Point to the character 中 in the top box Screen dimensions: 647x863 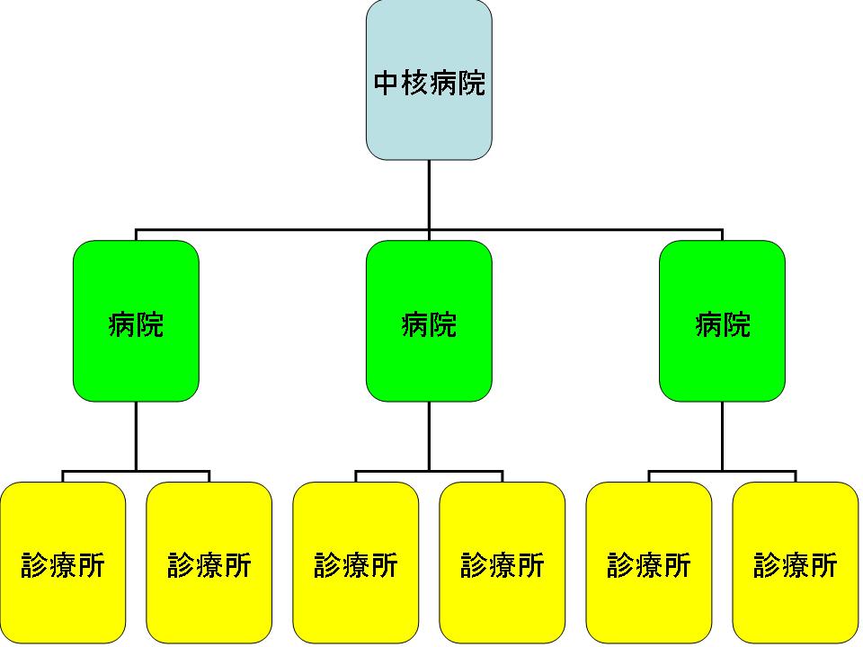387,84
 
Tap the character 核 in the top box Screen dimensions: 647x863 415,84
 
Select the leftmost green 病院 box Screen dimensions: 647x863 136,359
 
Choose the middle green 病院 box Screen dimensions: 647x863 429,359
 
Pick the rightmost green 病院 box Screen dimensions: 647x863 722,359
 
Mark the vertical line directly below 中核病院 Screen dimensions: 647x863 429,193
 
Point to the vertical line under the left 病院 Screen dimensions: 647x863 136,436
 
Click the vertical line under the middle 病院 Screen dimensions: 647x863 429,436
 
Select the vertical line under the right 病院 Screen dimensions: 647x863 722,436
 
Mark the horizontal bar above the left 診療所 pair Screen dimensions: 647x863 99,471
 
